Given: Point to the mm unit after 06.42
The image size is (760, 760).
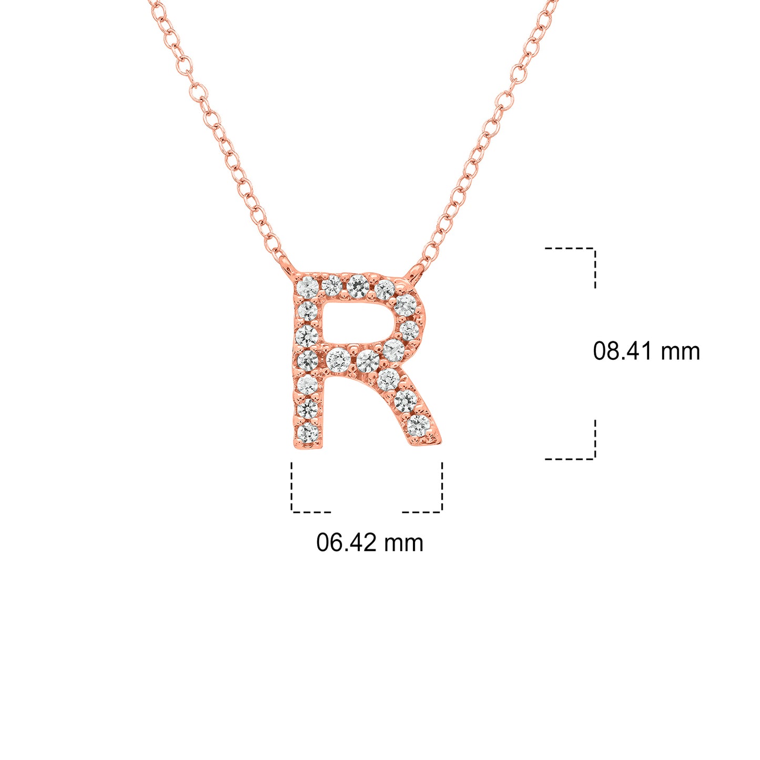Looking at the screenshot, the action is click(403, 545).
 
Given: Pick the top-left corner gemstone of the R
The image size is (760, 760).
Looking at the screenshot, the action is click(308, 286).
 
